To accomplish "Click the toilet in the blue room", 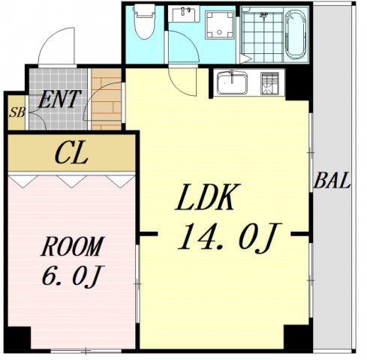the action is pos(144,22).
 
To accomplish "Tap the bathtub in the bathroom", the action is pos(296,35).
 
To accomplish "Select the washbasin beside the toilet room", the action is pos(185,14).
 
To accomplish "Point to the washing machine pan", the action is pos(220,25).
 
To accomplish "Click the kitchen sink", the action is pos(231,82).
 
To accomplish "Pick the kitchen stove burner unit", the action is pos(269,83).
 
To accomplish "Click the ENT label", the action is pos(59,99).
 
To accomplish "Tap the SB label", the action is pos(17,112).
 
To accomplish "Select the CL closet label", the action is pos(71,153).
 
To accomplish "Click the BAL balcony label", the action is pos(332,181).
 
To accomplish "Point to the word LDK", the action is pos(208,197).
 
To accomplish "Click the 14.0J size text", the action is pos(229,238).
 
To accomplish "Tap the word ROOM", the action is pos(72,247).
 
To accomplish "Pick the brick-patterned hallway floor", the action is pos(107,99).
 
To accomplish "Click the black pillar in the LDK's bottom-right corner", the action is pos(298,337).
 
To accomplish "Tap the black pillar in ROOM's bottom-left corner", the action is pos(18,339).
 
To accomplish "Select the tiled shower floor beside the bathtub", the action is pos(263,37).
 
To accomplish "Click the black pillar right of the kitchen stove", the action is pos(298,85).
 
